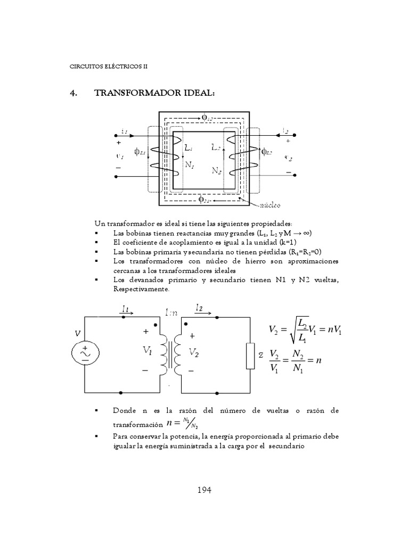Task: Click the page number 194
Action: click(x=203, y=490)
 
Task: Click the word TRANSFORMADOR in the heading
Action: click(x=138, y=93)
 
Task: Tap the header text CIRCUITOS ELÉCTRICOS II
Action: click(x=108, y=67)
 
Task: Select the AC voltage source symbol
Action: click(x=85, y=353)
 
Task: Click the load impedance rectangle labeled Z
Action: click(x=250, y=356)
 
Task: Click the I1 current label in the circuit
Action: click(x=126, y=308)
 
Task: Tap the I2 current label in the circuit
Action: click(x=199, y=308)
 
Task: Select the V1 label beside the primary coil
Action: click(x=148, y=351)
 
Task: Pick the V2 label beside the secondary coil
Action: click(x=194, y=352)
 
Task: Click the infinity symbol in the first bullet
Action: click(x=307, y=234)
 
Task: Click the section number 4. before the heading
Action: click(x=74, y=93)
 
